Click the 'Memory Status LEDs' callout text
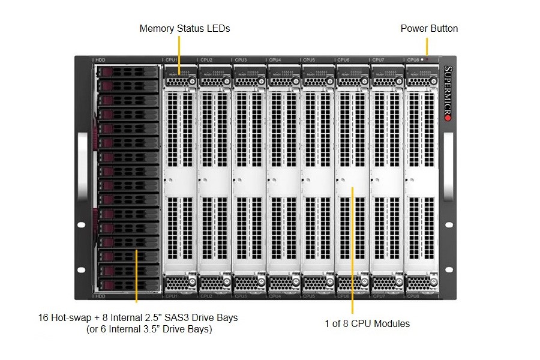(184, 28)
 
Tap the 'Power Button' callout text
(429, 28)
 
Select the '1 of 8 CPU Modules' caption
(367, 323)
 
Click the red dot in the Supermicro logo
(447, 118)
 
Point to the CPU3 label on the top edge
(241, 60)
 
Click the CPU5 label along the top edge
(309, 60)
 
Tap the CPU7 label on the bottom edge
(378, 296)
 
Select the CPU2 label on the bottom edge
(206, 296)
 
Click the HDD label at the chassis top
(100, 60)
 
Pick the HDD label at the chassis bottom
(100, 296)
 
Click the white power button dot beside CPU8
(422, 60)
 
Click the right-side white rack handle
(448, 166)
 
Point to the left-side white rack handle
(82, 166)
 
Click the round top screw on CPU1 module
(191, 80)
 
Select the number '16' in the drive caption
(43, 317)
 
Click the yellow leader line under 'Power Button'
(427, 46)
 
